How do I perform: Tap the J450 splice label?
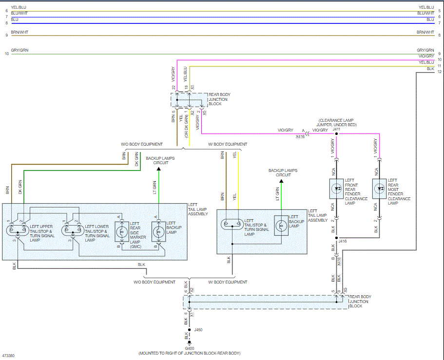(198, 330)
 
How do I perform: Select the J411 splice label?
(336, 130)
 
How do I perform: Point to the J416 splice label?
(343, 240)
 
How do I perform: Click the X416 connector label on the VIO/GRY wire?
(300, 137)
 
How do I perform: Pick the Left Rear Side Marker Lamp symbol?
(121, 230)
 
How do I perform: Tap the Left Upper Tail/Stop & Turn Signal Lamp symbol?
(18, 229)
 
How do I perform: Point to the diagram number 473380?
(8, 356)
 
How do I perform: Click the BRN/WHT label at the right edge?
(425, 32)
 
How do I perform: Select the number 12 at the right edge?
(439, 72)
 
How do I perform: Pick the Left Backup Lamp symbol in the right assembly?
(281, 225)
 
